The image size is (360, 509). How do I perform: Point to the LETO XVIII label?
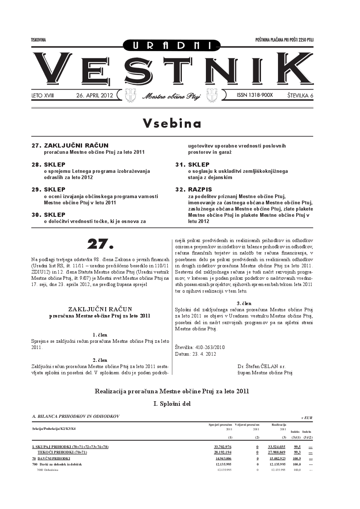(43, 95)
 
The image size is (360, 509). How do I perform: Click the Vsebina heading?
(172, 123)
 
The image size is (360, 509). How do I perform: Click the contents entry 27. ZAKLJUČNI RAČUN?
(70, 145)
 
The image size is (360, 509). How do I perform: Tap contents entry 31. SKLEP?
(193, 165)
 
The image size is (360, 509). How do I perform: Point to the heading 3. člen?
(244, 303)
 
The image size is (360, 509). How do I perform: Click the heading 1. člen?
(100, 334)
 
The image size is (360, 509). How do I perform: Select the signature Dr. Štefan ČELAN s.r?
(261, 366)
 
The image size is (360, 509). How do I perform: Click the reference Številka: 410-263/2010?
(200, 347)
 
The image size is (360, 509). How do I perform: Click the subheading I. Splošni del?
(172, 403)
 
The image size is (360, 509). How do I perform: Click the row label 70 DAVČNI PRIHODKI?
(51, 459)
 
